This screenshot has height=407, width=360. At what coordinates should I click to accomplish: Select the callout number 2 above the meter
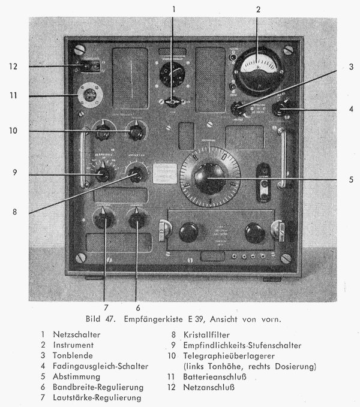point(258,9)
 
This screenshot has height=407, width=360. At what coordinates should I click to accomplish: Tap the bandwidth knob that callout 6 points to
point(137,219)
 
